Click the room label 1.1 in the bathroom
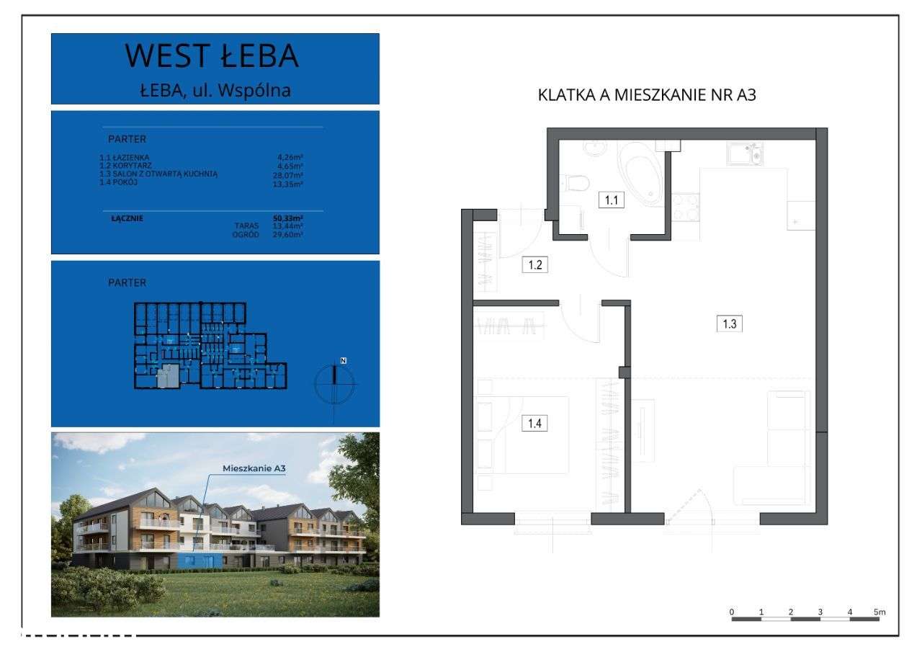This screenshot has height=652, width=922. (x=612, y=200)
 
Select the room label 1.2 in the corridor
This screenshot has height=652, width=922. (x=534, y=264)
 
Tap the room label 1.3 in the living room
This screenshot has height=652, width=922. (x=729, y=323)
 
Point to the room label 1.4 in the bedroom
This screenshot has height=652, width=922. (x=534, y=423)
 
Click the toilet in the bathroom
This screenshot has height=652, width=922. (x=576, y=184)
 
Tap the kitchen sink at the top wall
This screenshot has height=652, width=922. (x=744, y=153)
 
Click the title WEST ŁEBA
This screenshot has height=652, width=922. (x=212, y=56)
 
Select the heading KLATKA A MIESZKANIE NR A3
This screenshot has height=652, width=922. (x=647, y=95)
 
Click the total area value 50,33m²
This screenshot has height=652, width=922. (x=288, y=218)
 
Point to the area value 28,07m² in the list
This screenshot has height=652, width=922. (x=289, y=174)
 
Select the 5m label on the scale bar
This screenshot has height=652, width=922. (x=879, y=612)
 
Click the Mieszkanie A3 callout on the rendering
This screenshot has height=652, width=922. (x=244, y=469)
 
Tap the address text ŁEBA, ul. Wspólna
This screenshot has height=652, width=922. (x=215, y=91)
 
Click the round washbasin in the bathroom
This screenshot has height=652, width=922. (x=595, y=147)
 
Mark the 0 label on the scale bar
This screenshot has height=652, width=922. (x=732, y=612)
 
